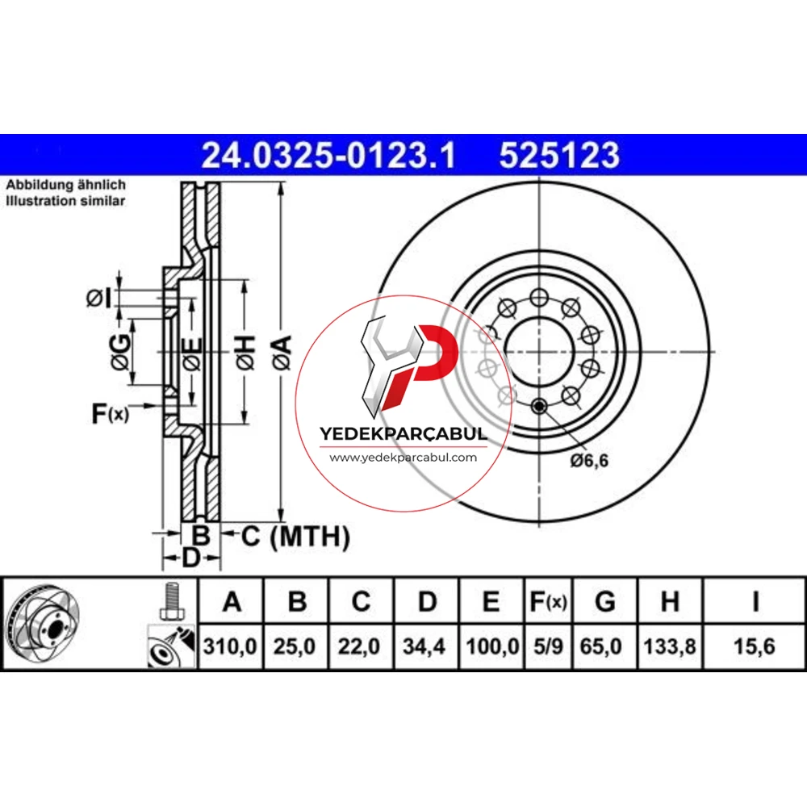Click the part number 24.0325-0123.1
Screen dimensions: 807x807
click(x=328, y=156)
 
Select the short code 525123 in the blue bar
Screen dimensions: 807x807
click(x=559, y=156)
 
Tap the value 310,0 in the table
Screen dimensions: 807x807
click(x=229, y=646)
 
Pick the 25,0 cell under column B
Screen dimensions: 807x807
click(x=295, y=646)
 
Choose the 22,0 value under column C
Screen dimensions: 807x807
click(x=359, y=646)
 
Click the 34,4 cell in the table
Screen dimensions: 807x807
click(x=424, y=646)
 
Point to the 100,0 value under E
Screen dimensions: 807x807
click(x=492, y=646)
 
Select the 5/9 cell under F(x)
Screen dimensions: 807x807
click(x=548, y=646)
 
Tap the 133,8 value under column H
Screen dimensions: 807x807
click(x=670, y=646)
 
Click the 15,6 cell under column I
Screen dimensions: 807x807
click(x=754, y=646)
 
